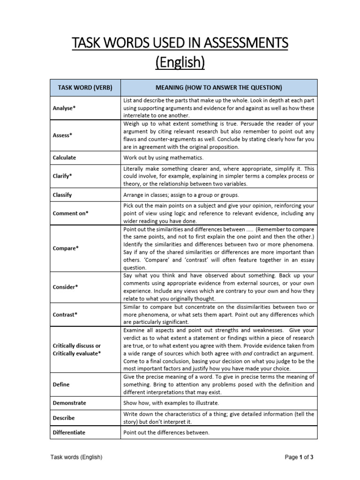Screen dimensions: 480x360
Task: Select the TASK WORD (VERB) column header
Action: (x=85, y=88)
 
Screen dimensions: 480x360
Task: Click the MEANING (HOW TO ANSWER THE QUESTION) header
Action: (x=218, y=88)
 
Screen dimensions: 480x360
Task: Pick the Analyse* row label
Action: (x=64, y=108)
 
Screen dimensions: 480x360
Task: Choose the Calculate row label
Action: (x=64, y=157)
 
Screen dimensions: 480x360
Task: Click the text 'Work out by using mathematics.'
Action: (x=163, y=157)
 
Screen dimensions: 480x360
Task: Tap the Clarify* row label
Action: (x=63, y=176)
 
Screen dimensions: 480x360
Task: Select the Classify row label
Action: (x=62, y=195)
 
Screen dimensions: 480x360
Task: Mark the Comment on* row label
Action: (x=71, y=213)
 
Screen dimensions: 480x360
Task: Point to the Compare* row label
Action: (x=65, y=248)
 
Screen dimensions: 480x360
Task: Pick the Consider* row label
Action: (x=65, y=287)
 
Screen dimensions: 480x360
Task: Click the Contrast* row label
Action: (x=65, y=315)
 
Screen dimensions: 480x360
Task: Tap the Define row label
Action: (x=61, y=384)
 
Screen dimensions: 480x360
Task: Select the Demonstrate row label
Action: (x=69, y=403)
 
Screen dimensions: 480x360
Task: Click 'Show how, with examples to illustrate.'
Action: (x=171, y=403)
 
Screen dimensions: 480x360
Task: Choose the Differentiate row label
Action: (x=69, y=432)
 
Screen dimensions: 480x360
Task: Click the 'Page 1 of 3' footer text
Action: (x=299, y=457)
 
